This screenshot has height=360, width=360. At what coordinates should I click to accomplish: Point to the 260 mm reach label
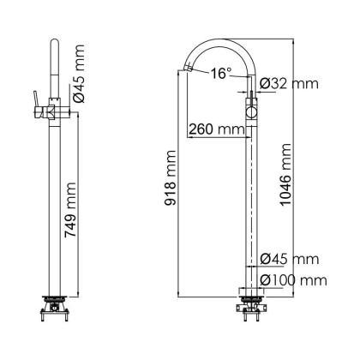214,129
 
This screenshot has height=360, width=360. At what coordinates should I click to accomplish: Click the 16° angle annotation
221,74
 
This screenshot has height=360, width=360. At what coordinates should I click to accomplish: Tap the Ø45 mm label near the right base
288,259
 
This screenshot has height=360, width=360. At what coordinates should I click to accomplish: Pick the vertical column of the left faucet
54,206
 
